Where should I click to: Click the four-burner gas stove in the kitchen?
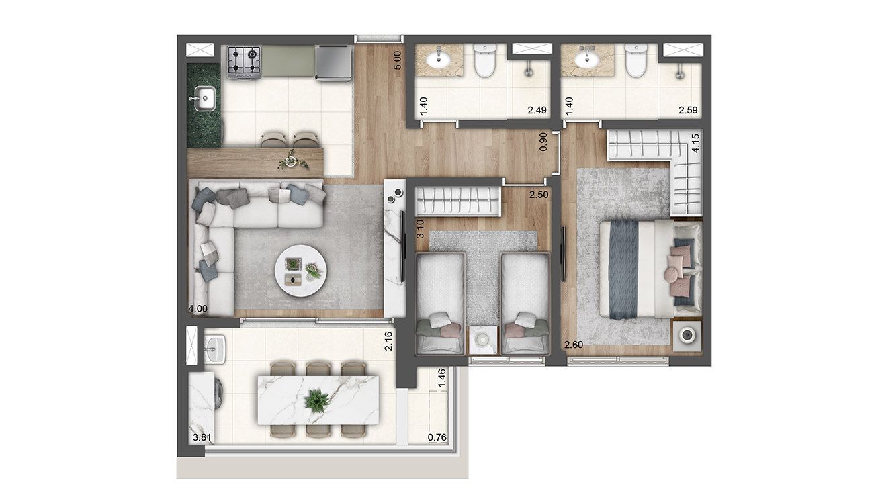[244, 62]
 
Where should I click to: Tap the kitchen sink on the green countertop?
[204, 99]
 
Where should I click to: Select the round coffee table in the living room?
[300, 271]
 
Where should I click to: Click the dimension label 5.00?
[397, 60]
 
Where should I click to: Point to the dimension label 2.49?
[537, 110]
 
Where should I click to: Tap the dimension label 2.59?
[688, 110]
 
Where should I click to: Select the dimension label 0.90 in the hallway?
[543, 142]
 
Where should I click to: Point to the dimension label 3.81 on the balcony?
[202, 437]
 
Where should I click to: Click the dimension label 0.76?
[437, 437]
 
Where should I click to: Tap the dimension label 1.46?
[442, 378]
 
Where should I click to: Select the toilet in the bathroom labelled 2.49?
[485, 60]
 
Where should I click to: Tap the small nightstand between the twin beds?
[483, 340]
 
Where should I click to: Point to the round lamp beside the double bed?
[687, 335]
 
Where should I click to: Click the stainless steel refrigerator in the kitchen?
[333, 62]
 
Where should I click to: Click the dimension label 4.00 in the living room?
[198, 309]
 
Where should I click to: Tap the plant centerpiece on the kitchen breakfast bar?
[292, 161]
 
